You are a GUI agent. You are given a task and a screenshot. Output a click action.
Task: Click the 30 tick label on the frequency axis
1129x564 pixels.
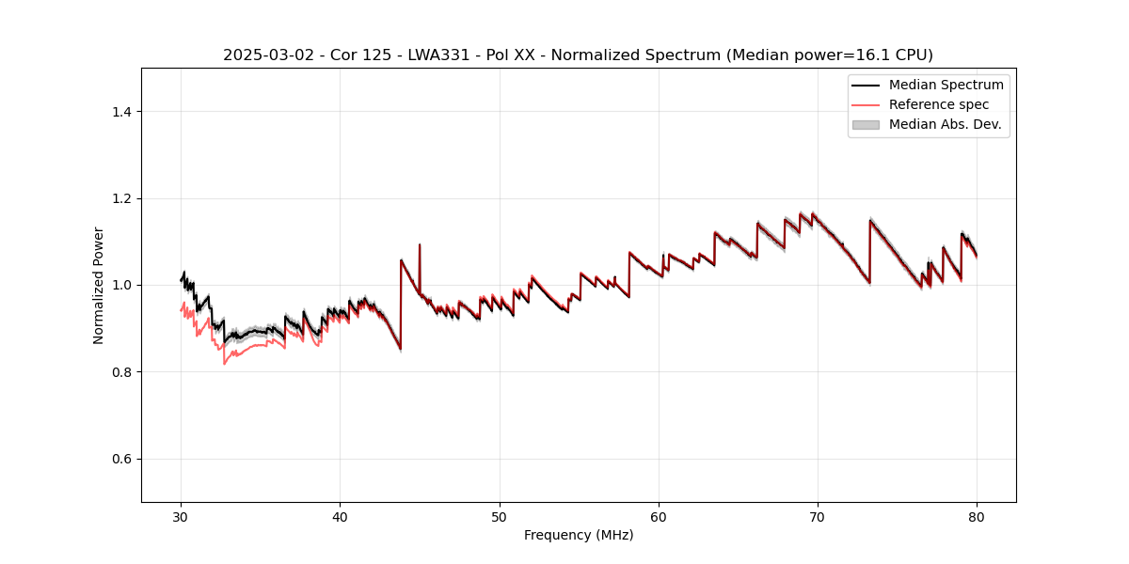point(181,516)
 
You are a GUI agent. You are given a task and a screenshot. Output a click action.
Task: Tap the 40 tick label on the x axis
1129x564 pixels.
point(340,516)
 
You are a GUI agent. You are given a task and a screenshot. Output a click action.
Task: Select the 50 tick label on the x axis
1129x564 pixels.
point(500,516)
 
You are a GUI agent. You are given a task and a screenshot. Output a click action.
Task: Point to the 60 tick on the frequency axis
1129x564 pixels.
point(659,516)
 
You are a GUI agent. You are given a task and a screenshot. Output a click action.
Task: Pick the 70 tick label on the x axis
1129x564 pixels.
point(818,516)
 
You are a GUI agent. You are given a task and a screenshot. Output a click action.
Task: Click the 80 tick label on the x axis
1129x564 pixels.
point(977,516)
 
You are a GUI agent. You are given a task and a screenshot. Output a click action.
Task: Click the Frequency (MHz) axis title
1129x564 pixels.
point(579,535)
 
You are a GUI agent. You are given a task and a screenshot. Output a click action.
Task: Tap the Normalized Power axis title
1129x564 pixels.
point(99,285)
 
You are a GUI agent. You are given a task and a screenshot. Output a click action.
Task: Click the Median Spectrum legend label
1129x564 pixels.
point(946,85)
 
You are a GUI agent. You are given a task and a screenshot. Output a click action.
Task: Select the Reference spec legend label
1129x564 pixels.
point(939,104)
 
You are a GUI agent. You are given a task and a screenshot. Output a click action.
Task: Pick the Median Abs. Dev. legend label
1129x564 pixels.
point(945,124)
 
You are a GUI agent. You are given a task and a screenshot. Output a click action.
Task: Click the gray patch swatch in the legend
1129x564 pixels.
point(866,124)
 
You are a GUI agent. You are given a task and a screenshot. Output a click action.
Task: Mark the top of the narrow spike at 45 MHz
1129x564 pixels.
point(420,244)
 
